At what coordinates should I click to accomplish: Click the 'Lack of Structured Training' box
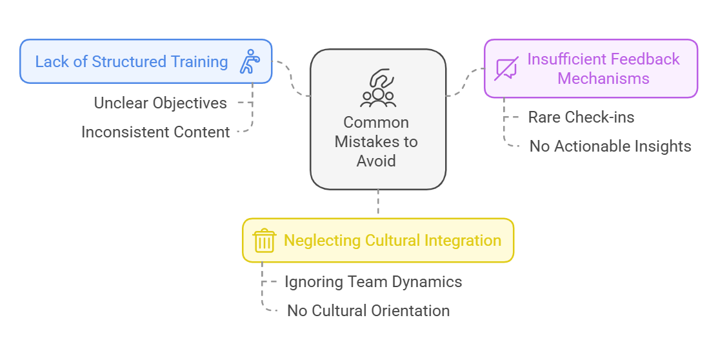pyautogui.click(x=146, y=61)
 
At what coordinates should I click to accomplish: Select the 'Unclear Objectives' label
pyautogui.click(x=160, y=103)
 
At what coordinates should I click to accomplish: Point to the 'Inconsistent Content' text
pyautogui.click(x=155, y=132)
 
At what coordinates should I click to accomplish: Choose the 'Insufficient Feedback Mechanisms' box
pyautogui.click(x=590, y=68)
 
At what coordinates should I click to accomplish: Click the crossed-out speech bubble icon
pyautogui.click(x=506, y=69)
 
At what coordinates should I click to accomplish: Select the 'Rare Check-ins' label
pyautogui.click(x=581, y=117)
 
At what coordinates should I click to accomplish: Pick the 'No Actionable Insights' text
pyautogui.click(x=610, y=146)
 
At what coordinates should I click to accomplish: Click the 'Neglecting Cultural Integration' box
pyautogui.click(x=377, y=241)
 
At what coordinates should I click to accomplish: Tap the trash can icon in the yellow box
pyautogui.click(x=264, y=241)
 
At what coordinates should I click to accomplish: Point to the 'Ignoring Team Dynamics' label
pyautogui.click(x=373, y=282)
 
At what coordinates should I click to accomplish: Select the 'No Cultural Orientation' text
pyautogui.click(x=368, y=310)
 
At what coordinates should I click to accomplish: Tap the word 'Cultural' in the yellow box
pyautogui.click(x=393, y=241)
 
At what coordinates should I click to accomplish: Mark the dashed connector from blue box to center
pyautogui.click(x=292, y=79)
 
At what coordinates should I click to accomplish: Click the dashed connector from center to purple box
pyautogui.click(x=464, y=82)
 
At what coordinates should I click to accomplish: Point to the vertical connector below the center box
pyautogui.click(x=378, y=204)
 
